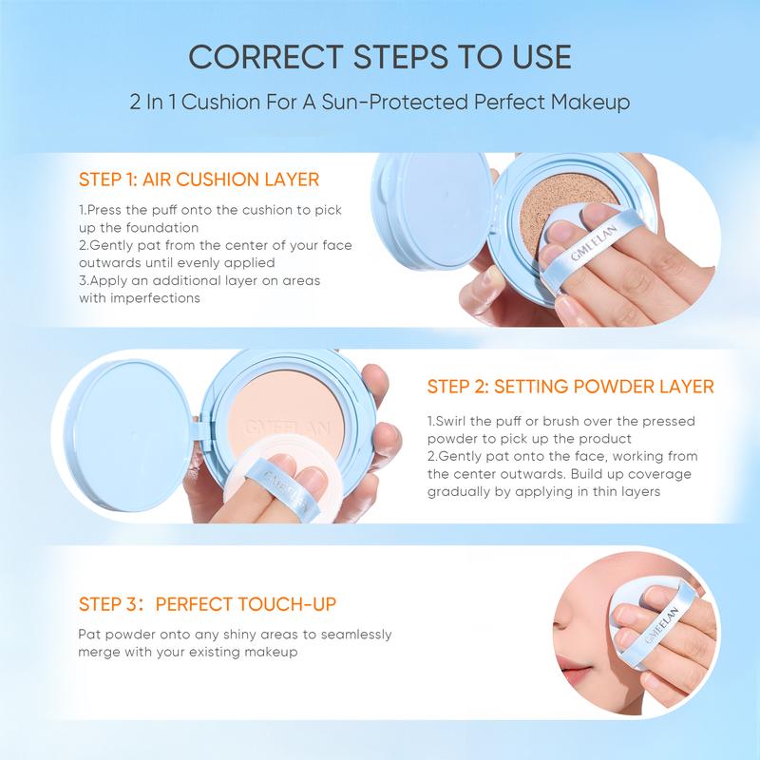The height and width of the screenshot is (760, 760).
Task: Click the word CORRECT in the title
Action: tap(266, 57)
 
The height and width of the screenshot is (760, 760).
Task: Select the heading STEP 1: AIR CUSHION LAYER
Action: tap(199, 180)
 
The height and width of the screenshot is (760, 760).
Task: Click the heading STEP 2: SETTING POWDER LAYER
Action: tap(571, 387)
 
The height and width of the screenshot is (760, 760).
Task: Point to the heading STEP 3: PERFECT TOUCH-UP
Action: tap(207, 604)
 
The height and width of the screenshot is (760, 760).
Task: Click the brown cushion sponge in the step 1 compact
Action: tap(562, 213)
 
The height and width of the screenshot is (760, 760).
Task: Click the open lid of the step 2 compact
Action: tap(133, 435)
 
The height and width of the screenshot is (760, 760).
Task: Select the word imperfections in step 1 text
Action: tap(155, 298)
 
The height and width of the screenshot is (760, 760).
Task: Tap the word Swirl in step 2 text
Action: tap(451, 421)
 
